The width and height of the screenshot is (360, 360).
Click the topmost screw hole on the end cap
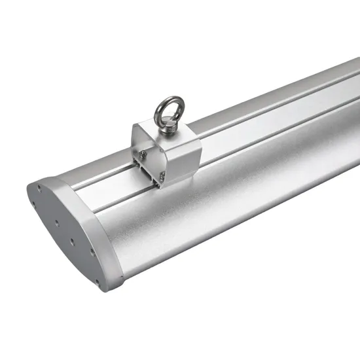[x=39, y=188]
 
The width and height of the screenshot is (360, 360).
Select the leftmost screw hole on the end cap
[x=33, y=203]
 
